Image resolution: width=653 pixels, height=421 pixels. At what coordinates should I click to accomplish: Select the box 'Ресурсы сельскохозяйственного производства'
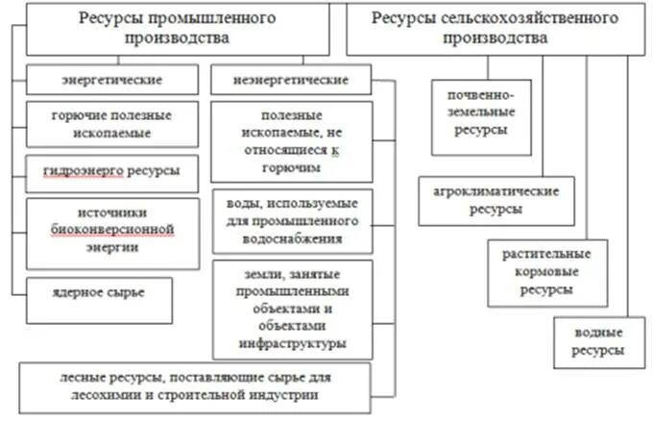[496, 29]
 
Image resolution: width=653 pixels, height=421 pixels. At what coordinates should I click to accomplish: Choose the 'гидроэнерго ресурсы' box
[113, 172]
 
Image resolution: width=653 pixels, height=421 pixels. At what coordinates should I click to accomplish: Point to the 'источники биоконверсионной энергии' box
[113, 232]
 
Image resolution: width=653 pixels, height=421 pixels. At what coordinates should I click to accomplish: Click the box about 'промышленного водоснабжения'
[292, 220]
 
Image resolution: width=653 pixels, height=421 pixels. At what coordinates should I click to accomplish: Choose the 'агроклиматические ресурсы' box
[495, 200]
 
